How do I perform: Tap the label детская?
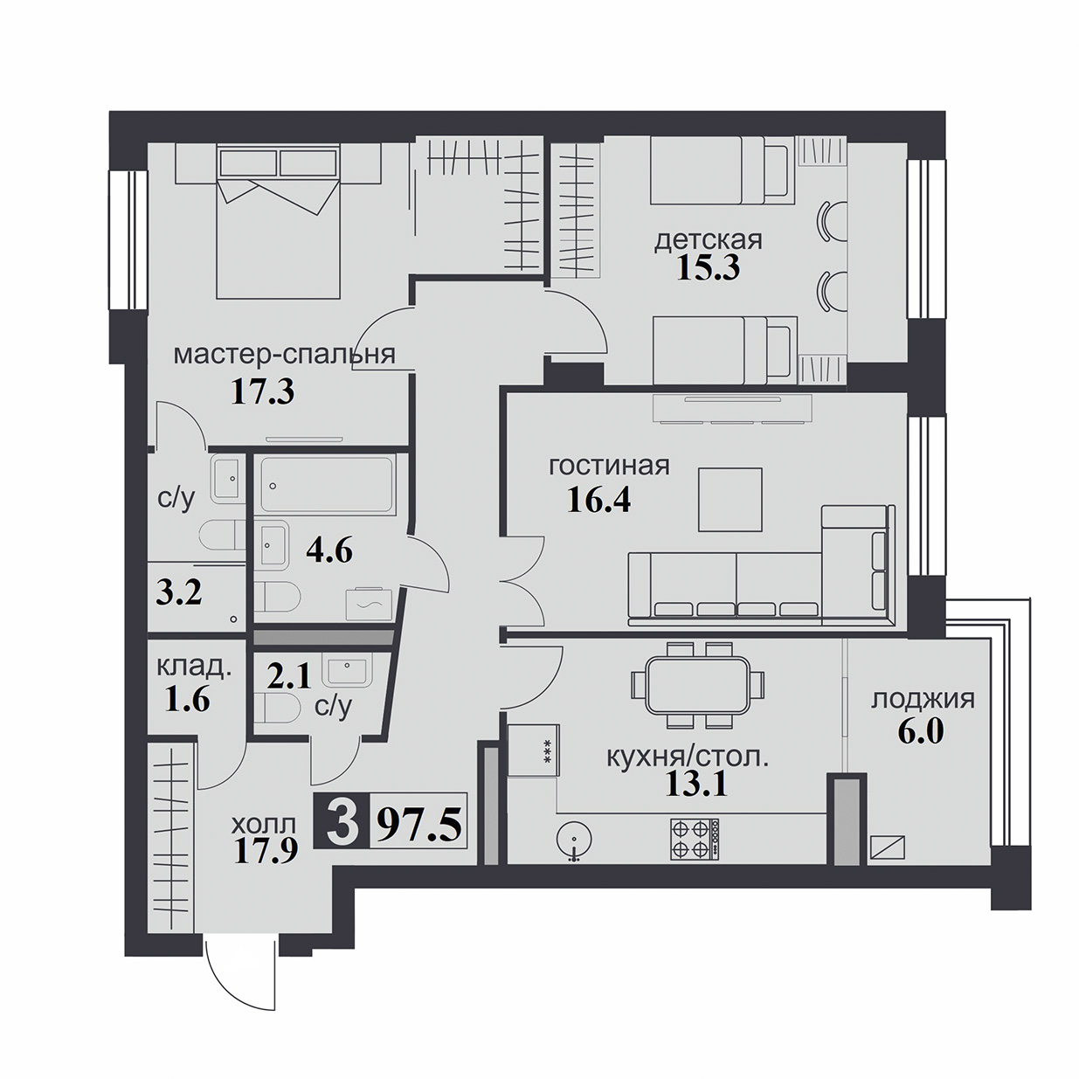(709, 240)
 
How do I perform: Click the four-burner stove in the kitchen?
(695, 839)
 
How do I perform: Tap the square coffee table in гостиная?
(730, 500)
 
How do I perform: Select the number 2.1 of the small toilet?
(288, 678)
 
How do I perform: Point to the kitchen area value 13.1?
(696, 785)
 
